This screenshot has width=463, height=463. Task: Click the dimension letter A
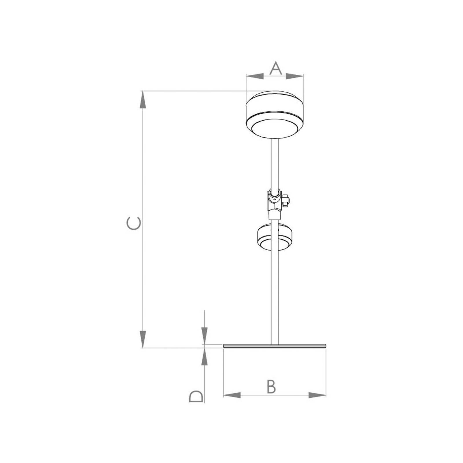[x=275, y=68]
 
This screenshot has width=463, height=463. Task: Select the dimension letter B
[x=271, y=387]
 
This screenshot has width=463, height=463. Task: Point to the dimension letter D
[x=196, y=396]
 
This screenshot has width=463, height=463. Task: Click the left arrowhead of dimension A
[x=255, y=76]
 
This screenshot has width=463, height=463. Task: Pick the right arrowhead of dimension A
[x=295, y=76]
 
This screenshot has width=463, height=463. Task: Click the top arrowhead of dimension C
[x=142, y=100]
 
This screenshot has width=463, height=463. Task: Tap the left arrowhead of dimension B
[x=232, y=395]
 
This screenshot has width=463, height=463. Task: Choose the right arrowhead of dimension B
[x=317, y=395]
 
